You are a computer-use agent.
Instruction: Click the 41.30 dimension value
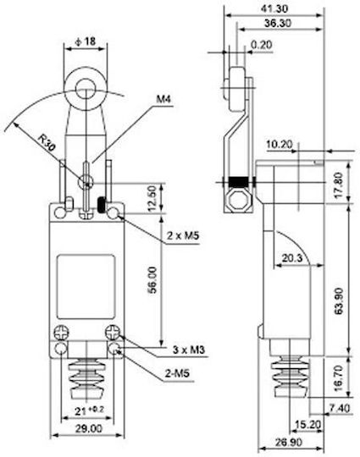(274, 8)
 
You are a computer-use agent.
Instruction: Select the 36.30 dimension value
(278, 23)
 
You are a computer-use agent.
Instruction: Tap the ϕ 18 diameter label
(86, 41)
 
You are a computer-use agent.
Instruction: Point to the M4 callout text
(163, 99)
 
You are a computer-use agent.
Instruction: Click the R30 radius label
(47, 142)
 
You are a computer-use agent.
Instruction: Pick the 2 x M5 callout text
(183, 235)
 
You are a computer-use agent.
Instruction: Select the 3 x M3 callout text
(189, 350)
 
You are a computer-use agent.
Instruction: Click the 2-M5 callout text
(177, 372)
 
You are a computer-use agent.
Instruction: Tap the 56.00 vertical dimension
(152, 280)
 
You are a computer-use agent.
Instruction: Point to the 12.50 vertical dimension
(152, 199)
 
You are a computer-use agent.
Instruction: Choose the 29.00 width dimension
(89, 428)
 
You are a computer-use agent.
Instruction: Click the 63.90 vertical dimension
(339, 301)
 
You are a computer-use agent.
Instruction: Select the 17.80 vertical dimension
(339, 185)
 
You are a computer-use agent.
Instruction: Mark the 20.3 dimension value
(292, 258)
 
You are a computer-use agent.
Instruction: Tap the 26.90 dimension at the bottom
(289, 443)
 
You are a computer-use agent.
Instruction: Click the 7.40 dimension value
(340, 408)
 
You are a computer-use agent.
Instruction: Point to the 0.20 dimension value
(262, 45)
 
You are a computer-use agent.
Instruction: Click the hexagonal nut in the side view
(239, 201)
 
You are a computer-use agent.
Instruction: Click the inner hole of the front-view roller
(86, 88)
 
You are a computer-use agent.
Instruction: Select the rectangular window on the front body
(86, 287)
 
